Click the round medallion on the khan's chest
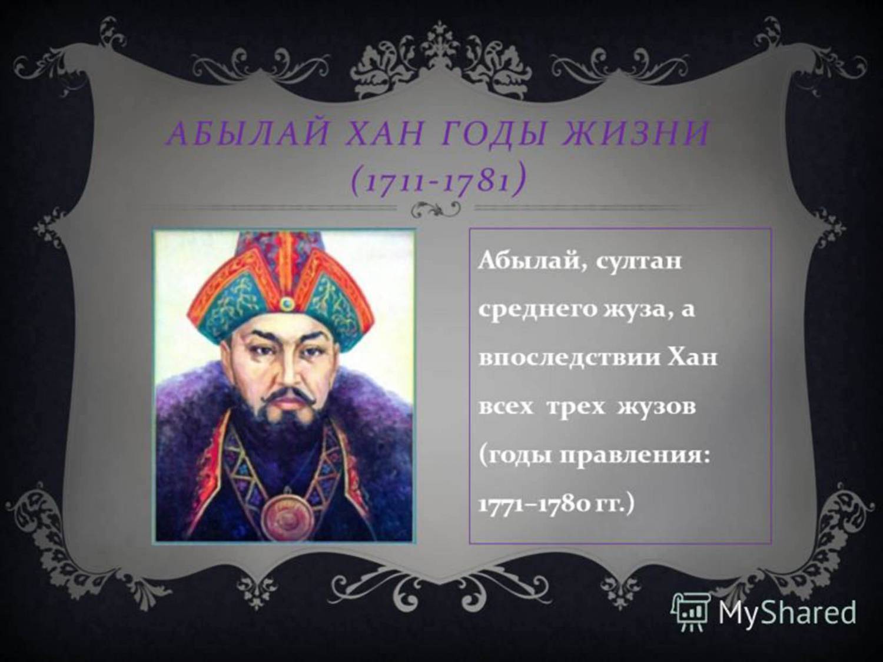[x=287, y=516]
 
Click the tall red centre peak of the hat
[x=287, y=261]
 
